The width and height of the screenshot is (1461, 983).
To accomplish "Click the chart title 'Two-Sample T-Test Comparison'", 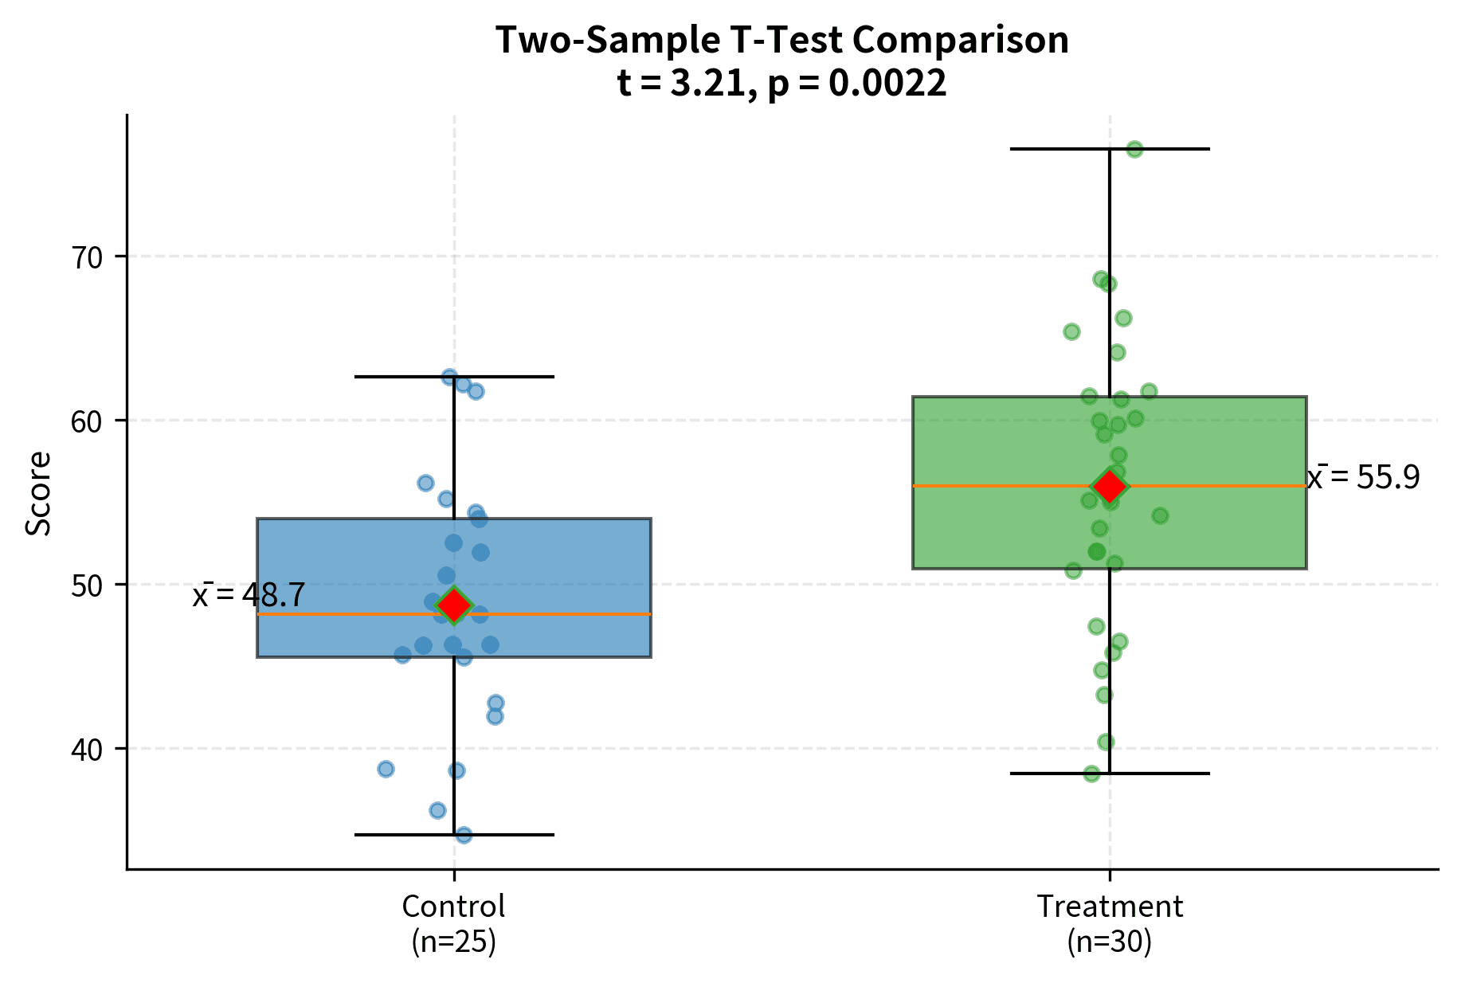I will pyautogui.click(x=781, y=40).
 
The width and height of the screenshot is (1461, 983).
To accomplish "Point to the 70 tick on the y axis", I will pyautogui.click(x=88, y=257).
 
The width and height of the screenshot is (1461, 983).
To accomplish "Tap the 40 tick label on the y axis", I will pyautogui.click(x=88, y=750).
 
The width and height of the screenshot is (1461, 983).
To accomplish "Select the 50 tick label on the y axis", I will pyautogui.click(x=88, y=585).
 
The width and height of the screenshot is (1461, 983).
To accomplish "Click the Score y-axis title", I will pyautogui.click(x=37, y=493).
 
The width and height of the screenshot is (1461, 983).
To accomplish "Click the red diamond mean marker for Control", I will pyautogui.click(x=454, y=605).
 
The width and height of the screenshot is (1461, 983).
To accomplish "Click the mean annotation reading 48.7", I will pyautogui.click(x=249, y=594).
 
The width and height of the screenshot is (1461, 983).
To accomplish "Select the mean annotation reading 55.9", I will pyautogui.click(x=1364, y=477).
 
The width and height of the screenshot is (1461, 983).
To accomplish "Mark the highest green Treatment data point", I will pyautogui.click(x=1134, y=149).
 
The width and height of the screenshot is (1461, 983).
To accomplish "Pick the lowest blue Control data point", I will pyautogui.click(x=464, y=834).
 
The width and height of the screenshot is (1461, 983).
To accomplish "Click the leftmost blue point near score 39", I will pyautogui.click(x=386, y=769).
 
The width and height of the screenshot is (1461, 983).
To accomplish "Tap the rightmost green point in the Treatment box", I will pyautogui.click(x=1160, y=515).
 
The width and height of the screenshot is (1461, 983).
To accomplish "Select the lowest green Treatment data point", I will pyautogui.click(x=1091, y=773).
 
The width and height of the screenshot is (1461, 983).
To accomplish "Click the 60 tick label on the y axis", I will pyautogui.click(x=88, y=421).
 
